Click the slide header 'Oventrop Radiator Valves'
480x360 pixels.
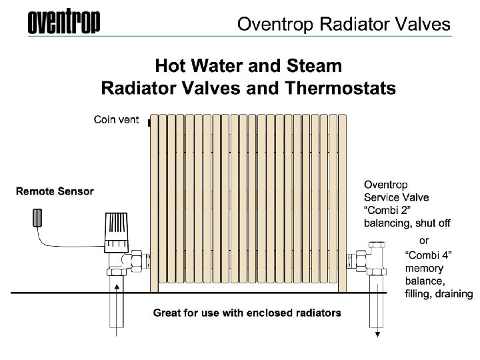(x=344, y=25)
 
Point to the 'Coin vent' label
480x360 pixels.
(x=115, y=120)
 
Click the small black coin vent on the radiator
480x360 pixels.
(x=149, y=123)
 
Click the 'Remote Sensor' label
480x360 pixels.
(x=55, y=191)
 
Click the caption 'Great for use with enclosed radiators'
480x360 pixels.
(x=247, y=312)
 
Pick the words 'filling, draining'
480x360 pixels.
(x=439, y=294)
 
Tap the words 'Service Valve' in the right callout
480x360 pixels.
(x=397, y=197)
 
